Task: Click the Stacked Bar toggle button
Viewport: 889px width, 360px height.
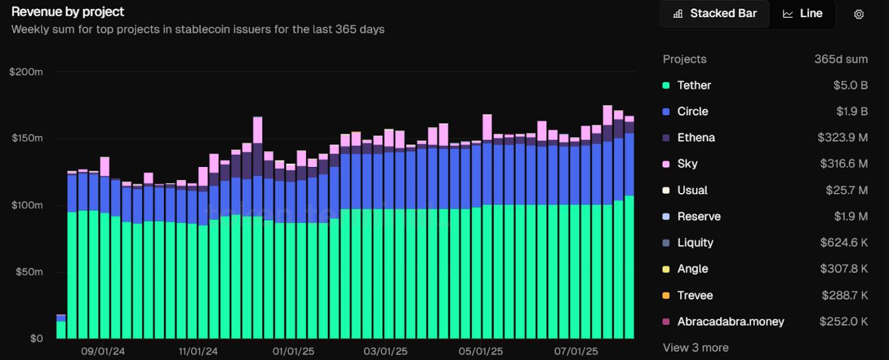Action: click(715, 13)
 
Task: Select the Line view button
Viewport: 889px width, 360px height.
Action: click(803, 13)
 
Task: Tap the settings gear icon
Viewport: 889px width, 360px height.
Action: click(859, 14)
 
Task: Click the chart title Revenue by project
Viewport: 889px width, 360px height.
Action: click(68, 11)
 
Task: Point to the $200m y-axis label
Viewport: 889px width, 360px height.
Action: click(26, 72)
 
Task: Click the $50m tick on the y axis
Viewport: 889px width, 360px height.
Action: click(28, 272)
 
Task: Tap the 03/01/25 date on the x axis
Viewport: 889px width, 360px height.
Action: click(385, 350)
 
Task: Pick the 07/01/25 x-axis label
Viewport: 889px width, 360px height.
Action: click(575, 350)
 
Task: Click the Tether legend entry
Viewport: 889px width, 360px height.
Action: click(693, 85)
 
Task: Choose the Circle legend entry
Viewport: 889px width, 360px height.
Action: click(692, 111)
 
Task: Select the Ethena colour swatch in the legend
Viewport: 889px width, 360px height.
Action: click(666, 138)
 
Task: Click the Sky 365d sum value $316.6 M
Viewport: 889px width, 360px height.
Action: click(843, 164)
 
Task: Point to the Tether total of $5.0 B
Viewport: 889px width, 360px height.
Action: click(850, 85)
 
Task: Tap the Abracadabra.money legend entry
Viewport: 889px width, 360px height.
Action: click(730, 321)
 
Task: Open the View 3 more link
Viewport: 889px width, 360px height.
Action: click(695, 347)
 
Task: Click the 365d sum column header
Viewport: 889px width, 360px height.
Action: click(841, 59)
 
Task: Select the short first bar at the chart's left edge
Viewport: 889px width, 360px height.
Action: click(61, 327)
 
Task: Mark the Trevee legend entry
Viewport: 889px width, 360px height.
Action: click(695, 295)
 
